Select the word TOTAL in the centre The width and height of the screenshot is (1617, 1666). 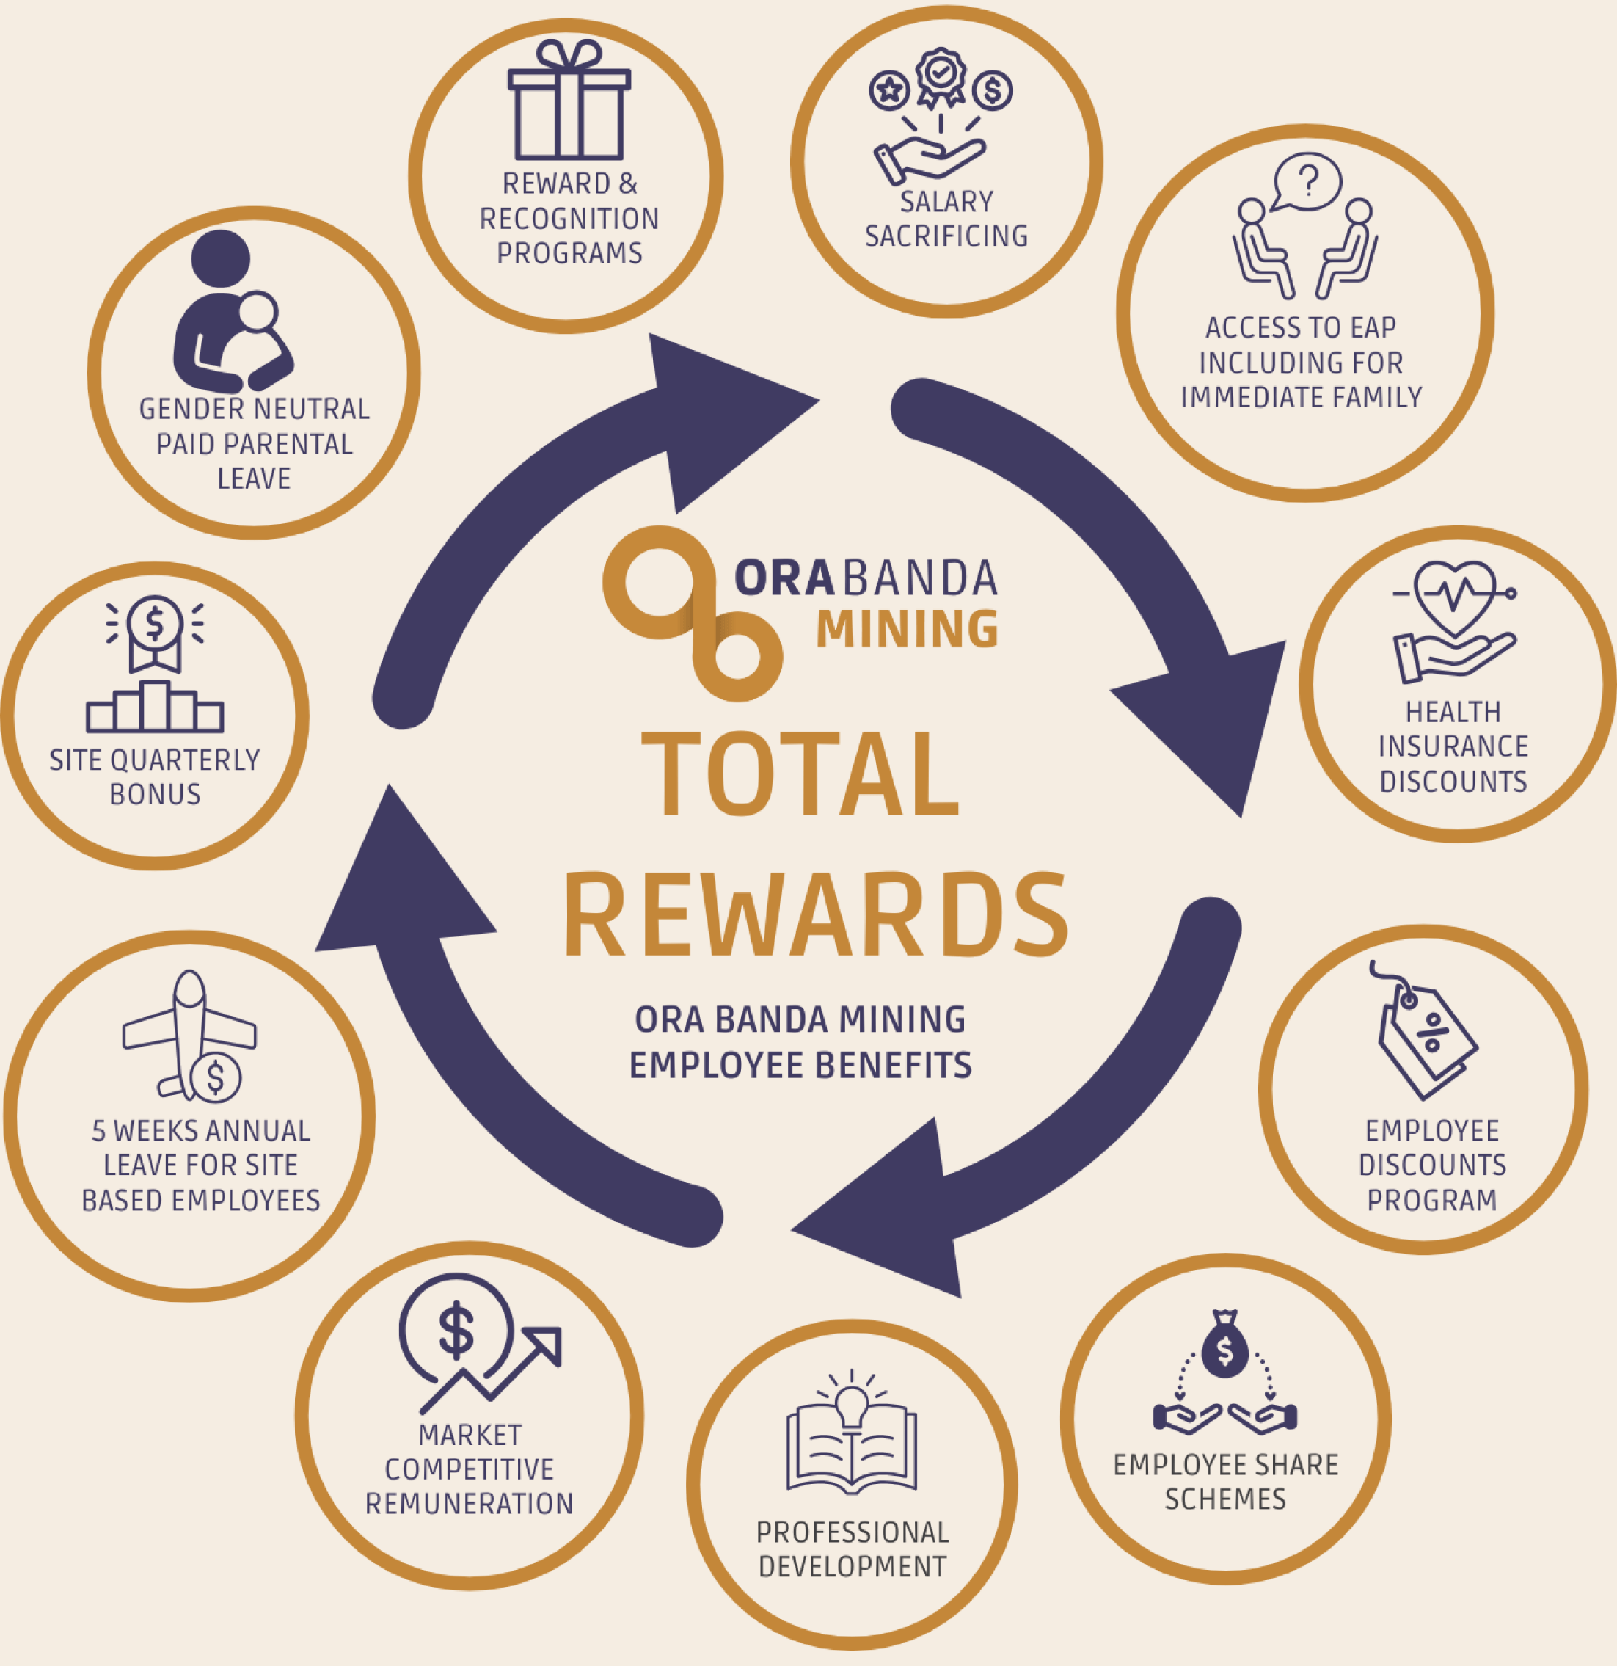tap(800, 775)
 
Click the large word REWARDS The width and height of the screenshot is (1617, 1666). tap(815, 915)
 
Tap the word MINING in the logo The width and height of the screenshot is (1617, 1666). tap(907, 629)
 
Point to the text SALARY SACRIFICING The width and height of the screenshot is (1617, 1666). tap(946, 219)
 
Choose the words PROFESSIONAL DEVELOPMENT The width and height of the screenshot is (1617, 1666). tap(851, 1549)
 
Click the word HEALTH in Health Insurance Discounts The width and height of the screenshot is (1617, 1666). tap(1453, 711)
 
